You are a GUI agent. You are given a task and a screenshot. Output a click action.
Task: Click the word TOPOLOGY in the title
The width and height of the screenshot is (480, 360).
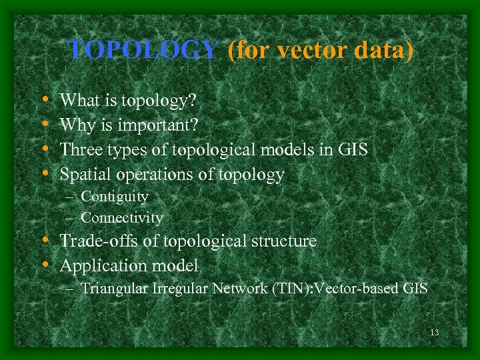pos(143,49)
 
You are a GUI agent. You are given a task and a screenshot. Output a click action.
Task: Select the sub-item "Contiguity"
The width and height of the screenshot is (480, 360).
pos(114,197)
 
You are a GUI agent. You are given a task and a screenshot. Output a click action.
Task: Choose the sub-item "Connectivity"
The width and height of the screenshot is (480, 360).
pos(121,218)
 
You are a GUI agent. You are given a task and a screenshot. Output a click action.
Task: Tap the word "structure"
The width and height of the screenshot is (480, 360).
pos(279,241)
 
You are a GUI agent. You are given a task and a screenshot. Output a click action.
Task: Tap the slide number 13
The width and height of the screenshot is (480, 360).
pos(435,333)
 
